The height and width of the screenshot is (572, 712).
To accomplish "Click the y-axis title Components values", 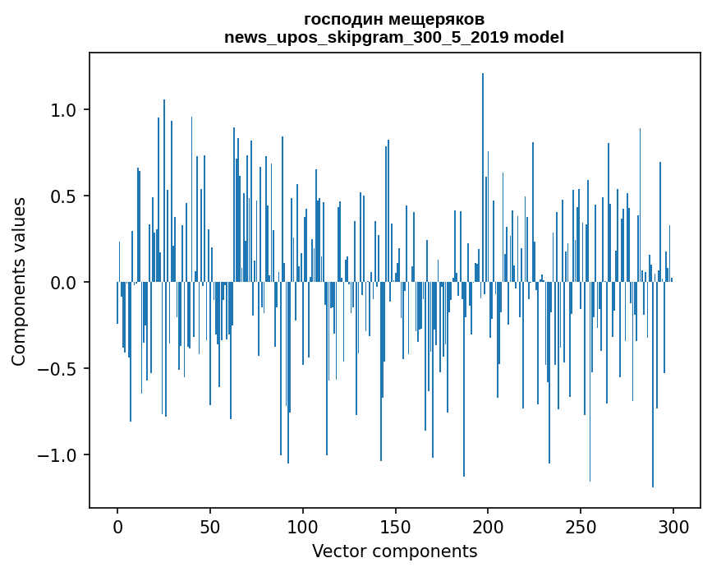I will click(x=19, y=281).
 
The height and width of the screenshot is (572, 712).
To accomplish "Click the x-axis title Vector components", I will click(x=394, y=551).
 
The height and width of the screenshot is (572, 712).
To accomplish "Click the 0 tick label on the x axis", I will click(x=117, y=526).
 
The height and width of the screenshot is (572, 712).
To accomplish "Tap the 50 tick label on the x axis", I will click(x=210, y=526).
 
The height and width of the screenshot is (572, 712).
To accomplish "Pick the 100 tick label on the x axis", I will click(x=303, y=526).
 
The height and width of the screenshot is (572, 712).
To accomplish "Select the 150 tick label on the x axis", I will click(x=395, y=526).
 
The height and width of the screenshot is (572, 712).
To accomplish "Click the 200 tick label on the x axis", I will click(x=488, y=526).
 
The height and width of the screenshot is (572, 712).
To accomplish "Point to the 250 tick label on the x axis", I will click(x=581, y=526).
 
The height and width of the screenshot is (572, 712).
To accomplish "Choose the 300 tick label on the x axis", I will click(x=673, y=526).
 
